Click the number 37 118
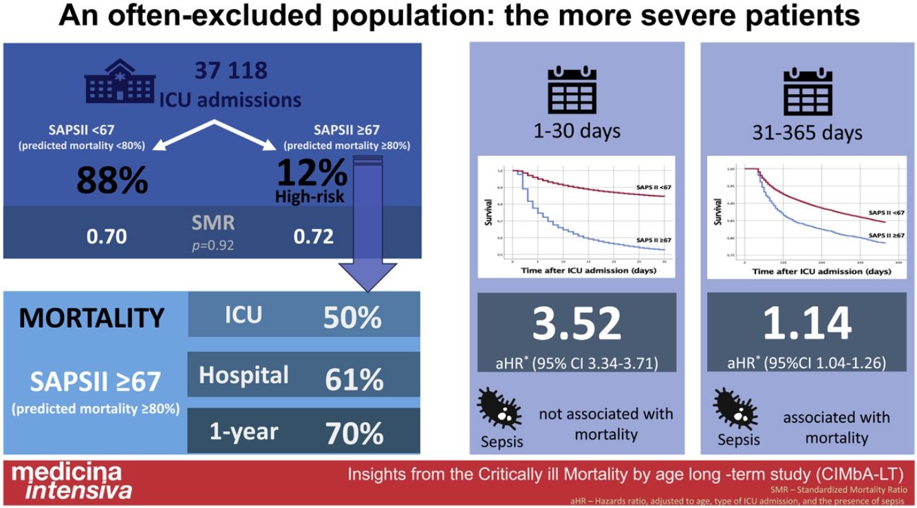pyautogui.click(x=230, y=71)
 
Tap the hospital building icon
pyautogui.click(x=115, y=82)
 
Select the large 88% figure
pyautogui.click(x=111, y=180)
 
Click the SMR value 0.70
pyautogui.click(x=107, y=236)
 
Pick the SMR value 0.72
pyautogui.click(x=314, y=236)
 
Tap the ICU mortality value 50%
pyautogui.click(x=352, y=318)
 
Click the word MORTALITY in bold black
pyautogui.click(x=91, y=318)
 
